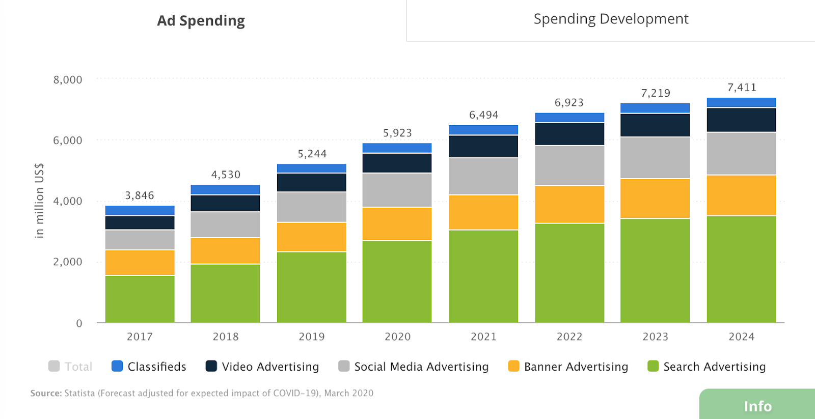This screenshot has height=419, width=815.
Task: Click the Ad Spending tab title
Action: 201,21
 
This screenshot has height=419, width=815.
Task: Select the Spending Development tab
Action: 611,19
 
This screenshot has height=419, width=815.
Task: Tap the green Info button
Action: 757,406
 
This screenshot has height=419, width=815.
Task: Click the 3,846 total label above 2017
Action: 140,195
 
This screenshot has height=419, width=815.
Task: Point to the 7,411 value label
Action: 742,88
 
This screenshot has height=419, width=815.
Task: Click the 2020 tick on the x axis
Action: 397,337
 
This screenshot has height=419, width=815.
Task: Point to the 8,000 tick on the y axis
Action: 68,80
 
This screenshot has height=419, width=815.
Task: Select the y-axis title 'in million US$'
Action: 39,201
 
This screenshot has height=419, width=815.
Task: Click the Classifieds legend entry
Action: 149,367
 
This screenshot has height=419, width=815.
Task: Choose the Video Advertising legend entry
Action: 262,367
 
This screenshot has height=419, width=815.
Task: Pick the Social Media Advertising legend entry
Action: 414,367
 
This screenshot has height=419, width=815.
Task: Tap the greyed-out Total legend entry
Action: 70,367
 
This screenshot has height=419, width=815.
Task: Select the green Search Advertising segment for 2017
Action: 140,299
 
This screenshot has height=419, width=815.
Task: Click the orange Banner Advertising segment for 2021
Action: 483,212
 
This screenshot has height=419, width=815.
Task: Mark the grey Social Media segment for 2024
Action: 741,154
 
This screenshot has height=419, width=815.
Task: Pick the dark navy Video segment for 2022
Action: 569,134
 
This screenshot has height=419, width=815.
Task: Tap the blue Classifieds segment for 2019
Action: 311,169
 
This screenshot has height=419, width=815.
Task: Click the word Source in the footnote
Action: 46,393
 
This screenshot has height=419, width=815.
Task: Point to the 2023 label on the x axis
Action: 655,337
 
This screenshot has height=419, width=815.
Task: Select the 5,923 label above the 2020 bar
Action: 397,133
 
